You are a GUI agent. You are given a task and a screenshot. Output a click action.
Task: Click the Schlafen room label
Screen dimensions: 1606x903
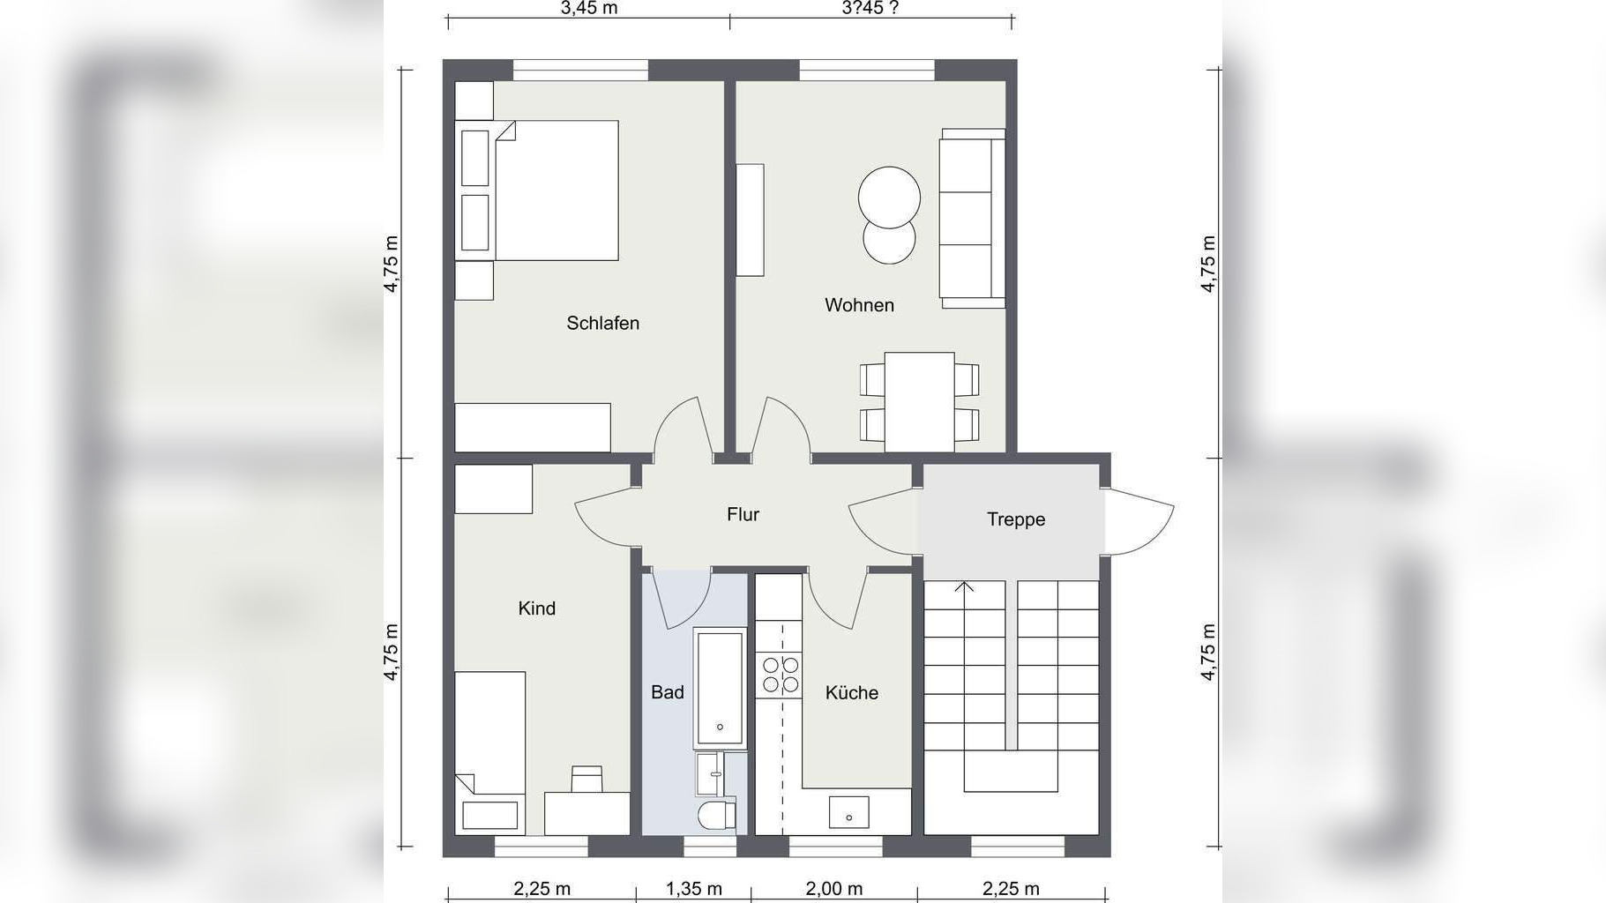tap(602, 324)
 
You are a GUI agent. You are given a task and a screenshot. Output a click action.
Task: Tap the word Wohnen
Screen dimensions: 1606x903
tap(859, 305)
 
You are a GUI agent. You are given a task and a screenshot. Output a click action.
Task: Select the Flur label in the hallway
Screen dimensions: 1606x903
tap(743, 514)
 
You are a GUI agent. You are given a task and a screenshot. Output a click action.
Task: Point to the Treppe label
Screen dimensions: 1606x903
tap(1016, 519)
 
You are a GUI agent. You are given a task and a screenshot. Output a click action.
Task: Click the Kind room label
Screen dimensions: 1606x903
tap(536, 608)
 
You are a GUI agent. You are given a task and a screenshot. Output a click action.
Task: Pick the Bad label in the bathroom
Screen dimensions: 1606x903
tap(668, 692)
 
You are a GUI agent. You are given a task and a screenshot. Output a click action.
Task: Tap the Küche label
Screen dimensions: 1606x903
tap(852, 693)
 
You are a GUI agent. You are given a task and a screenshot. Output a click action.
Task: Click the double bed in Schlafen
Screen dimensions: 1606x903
tap(537, 190)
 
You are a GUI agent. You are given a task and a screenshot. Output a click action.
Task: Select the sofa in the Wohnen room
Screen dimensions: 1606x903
tap(972, 219)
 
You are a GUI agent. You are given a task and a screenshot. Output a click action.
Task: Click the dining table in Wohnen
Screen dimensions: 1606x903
tap(919, 402)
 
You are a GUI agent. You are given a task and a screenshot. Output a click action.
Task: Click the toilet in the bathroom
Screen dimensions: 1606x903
tap(716, 816)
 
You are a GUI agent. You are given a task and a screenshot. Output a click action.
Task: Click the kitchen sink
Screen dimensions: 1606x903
tap(848, 812)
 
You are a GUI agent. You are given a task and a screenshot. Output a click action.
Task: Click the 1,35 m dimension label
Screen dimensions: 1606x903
tap(694, 889)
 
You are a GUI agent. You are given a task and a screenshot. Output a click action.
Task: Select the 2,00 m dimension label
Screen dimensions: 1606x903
tap(834, 889)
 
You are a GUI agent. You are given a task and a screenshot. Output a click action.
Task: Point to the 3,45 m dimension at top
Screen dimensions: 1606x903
tap(589, 8)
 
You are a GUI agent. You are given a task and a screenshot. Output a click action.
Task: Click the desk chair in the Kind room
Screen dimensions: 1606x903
tap(586, 780)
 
